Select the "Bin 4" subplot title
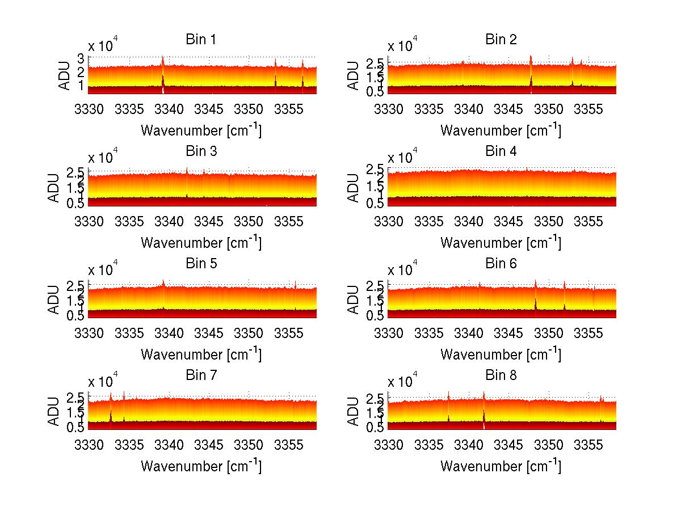tap(501, 151)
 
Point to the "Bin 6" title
tap(501, 263)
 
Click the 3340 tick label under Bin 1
tap(169, 109)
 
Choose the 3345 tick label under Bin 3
tap(209, 221)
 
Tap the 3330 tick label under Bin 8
tap(389, 445)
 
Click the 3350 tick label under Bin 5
tap(249, 332)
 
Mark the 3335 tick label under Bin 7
tap(129, 445)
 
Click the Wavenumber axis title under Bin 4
tap(501, 243)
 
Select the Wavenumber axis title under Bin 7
tap(201, 466)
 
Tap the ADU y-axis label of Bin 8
tap(354, 412)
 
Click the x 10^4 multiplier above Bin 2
tap(404, 44)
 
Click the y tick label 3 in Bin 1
tap(81, 58)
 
